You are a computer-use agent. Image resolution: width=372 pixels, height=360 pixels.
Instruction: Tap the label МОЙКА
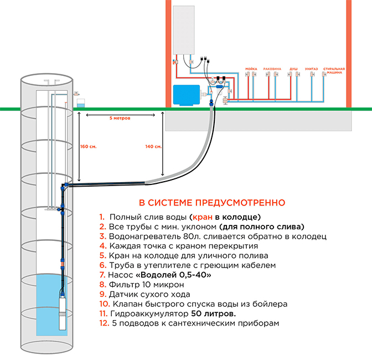pyautogui.click(x=251, y=69)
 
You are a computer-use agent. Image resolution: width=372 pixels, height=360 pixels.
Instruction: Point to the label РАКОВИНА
pyautogui.click(x=272, y=69)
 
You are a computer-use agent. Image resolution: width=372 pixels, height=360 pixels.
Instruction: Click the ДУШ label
pyautogui.click(x=293, y=69)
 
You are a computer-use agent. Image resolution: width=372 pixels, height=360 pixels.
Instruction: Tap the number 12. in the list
pyautogui.click(x=104, y=323)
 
